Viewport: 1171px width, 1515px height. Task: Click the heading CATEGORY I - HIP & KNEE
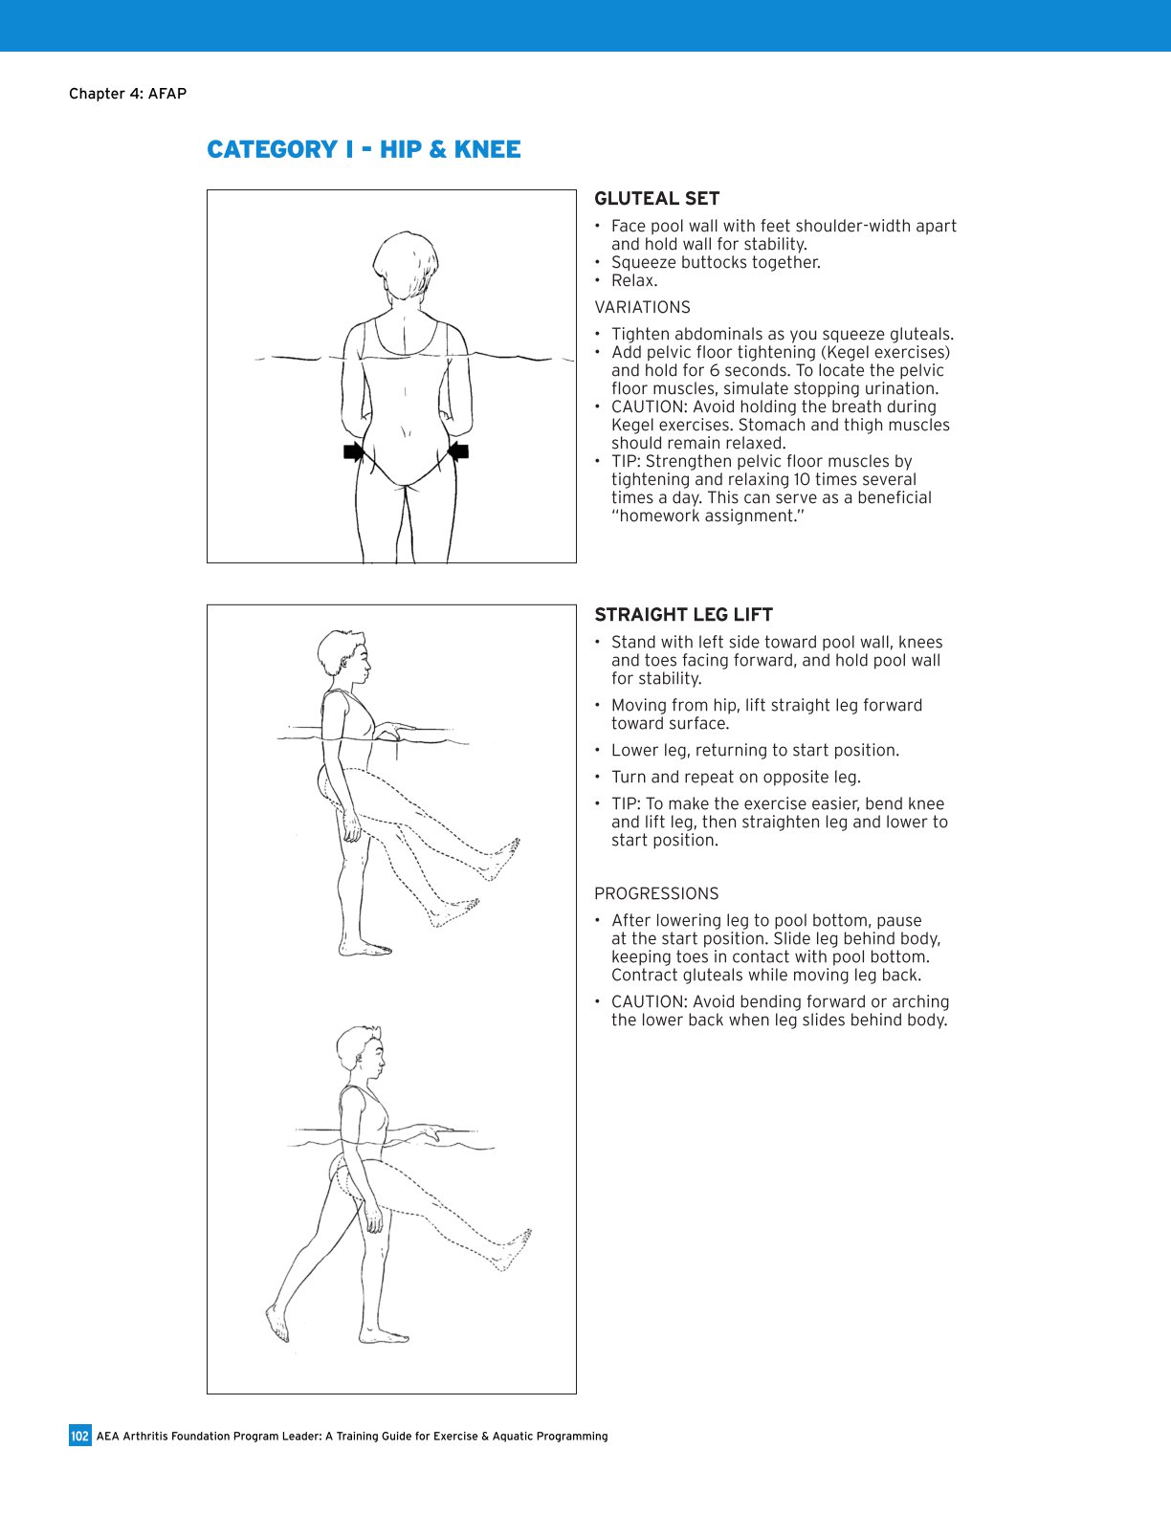(364, 150)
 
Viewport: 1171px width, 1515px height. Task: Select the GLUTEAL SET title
(656, 199)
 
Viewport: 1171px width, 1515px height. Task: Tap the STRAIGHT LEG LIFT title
(683, 615)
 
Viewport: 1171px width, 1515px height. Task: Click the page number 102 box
(79, 1436)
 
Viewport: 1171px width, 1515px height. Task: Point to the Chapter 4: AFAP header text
(127, 94)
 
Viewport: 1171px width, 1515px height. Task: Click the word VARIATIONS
(642, 307)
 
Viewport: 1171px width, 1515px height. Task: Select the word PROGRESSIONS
(656, 893)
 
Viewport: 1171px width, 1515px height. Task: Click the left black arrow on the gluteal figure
(353, 452)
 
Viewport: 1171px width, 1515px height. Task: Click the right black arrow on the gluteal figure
(459, 451)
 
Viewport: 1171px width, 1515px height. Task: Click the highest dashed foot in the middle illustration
(503, 856)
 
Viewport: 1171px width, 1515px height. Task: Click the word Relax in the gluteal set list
(633, 280)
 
